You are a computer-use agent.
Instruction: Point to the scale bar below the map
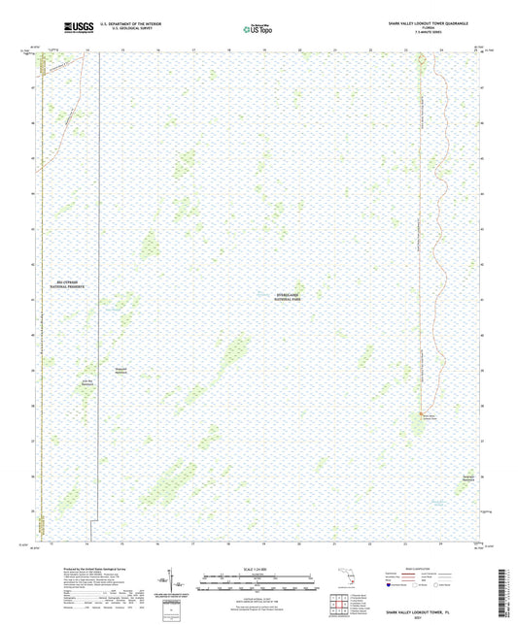[x=259, y=579]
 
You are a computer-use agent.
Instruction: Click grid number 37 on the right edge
[x=477, y=440]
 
